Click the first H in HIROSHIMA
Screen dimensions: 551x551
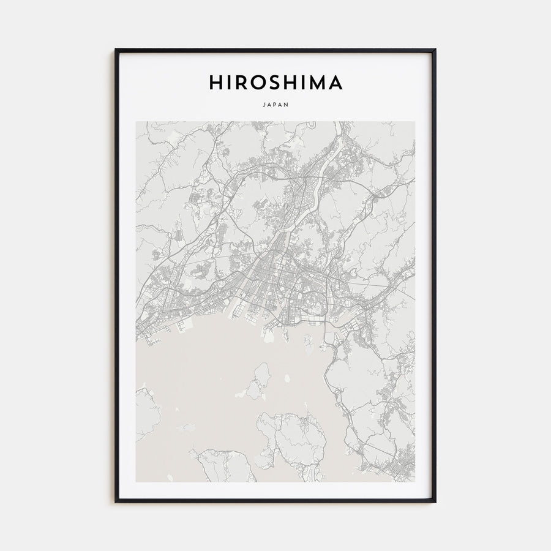216,83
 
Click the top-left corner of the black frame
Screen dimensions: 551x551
114,49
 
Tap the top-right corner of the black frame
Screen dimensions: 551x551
436,49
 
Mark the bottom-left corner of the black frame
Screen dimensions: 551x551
114,503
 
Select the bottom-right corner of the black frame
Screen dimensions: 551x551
436,503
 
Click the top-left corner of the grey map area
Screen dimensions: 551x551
136,121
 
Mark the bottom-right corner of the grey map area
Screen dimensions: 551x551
415,482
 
